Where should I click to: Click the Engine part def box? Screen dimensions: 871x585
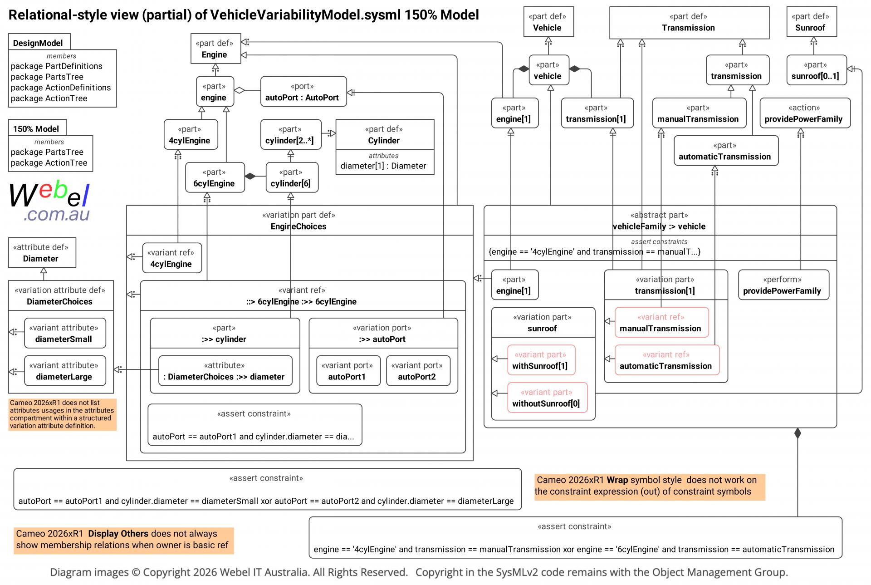coord(214,49)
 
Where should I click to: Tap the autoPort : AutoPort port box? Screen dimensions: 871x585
coord(303,91)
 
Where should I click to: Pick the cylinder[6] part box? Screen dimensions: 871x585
coord(292,177)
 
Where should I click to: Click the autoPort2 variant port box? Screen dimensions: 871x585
coord(418,370)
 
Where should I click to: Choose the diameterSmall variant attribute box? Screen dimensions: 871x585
coord(65,333)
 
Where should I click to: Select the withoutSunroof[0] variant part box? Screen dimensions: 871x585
coord(547,398)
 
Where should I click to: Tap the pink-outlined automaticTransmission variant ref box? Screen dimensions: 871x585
coord(667,360)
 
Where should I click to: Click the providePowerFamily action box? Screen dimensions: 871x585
coord(805,113)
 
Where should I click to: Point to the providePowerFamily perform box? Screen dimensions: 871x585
coord(783,285)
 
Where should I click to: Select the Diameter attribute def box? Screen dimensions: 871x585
coord(42,253)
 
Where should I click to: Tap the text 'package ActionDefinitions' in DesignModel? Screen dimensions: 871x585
coord(61,88)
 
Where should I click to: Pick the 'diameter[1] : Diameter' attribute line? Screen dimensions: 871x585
coord(383,166)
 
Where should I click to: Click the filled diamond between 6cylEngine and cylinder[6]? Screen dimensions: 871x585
coord(250,176)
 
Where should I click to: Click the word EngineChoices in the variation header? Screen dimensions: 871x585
coord(298,226)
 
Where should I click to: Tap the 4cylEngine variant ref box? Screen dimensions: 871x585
coord(172,258)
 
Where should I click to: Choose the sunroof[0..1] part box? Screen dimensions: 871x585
coord(817,70)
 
